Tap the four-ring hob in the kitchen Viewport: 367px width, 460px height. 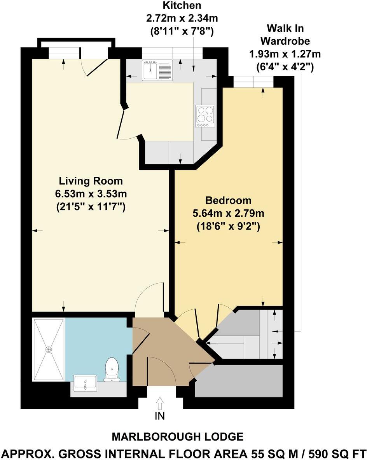[205, 114]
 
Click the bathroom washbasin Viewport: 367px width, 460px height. [85, 383]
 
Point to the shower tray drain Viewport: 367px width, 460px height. [49, 349]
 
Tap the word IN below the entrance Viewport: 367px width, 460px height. [160, 416]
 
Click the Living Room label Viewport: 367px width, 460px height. [91, 181]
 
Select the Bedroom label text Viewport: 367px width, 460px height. [229, 200]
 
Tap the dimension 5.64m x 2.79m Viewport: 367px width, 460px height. [229, 214]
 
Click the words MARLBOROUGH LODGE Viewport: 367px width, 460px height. [178, 437]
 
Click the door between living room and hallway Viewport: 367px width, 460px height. [151, 299]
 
